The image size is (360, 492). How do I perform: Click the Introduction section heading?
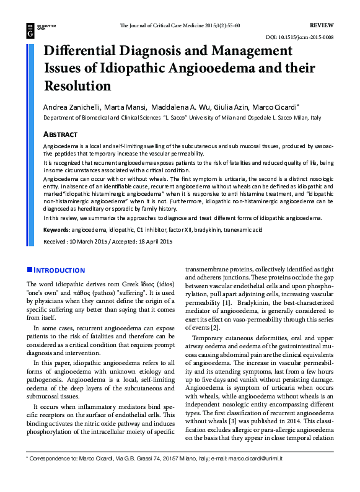pos(59,270)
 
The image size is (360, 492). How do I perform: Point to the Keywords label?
pos(56,230)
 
